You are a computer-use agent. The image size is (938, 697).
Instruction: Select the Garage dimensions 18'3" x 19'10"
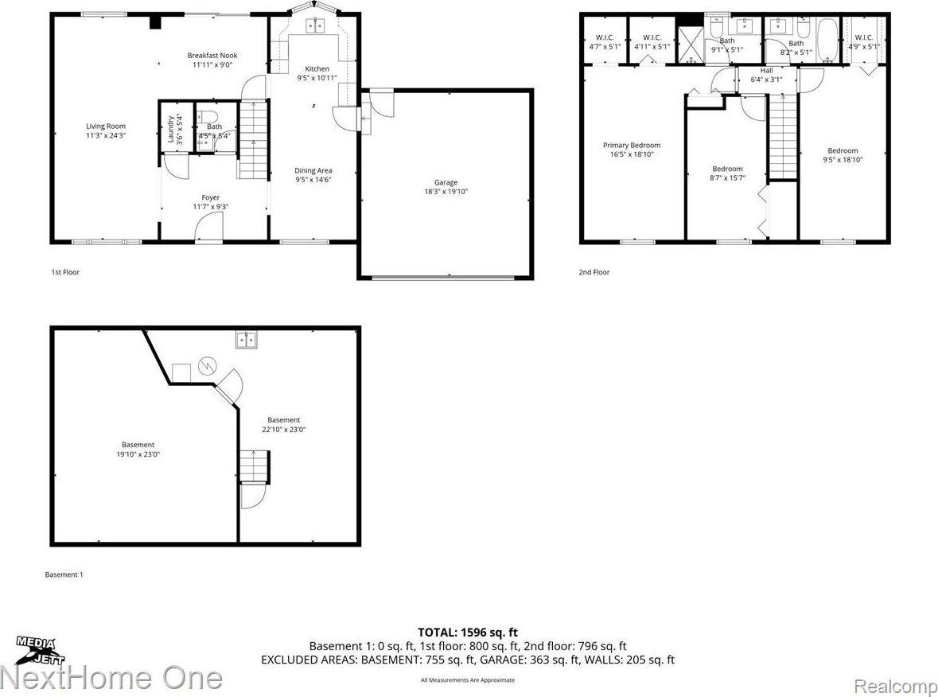click(x=446, y=192)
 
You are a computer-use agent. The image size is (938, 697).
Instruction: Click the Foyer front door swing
click(x=208, y=231)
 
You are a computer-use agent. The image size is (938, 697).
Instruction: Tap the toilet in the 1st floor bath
click(x=205, y=115)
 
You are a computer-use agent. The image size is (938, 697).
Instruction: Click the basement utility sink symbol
click(x=246, y=341)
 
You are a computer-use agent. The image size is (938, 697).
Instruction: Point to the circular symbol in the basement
click(x=207, y=366)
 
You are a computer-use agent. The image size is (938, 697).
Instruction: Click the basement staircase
click(x=255, y=466)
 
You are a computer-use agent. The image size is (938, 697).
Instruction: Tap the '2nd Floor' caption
click(x=594, y=272)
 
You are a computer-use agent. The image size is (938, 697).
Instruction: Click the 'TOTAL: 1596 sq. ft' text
click(x=468, y=633)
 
